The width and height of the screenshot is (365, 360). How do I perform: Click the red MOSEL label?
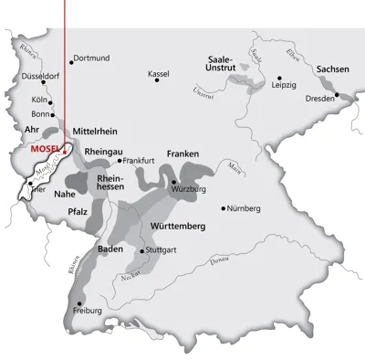coord(45,148)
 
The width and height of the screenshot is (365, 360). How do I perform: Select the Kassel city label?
coord(159,73)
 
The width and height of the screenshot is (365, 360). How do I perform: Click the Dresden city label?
coord(319,99)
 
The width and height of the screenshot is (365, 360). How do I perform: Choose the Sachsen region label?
coord(333,69)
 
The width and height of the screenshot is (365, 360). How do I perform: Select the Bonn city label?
coord(39,114)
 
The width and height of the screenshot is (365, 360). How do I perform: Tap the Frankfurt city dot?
coord(120,160)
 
